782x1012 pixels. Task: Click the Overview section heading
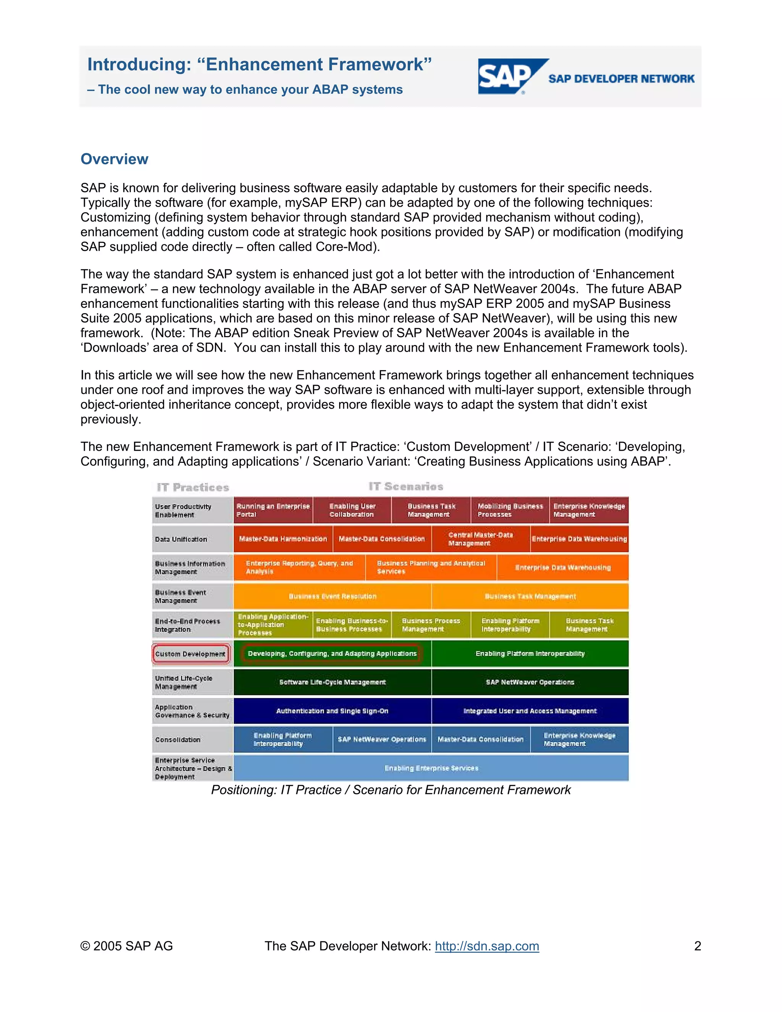[115, 159]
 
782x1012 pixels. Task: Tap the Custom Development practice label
[191, 654]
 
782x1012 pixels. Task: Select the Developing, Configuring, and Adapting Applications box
[332, 654]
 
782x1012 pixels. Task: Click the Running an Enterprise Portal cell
[273, 510]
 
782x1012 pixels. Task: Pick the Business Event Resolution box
[332, 597]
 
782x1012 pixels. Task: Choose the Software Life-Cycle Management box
[332, 682]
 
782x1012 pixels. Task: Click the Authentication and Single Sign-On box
[332, 711]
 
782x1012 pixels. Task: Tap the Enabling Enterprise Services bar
[431, 768]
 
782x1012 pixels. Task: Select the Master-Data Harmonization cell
[283, 539]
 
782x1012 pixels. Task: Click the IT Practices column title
[193, 487]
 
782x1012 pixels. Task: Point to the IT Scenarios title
[406, 487]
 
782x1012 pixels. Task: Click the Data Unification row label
[181, 539]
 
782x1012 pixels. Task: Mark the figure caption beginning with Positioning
[391, 790]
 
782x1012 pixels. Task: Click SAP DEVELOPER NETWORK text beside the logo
[621, 79]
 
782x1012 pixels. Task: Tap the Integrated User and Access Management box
[530, 711]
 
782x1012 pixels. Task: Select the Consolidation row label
[178, 740]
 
